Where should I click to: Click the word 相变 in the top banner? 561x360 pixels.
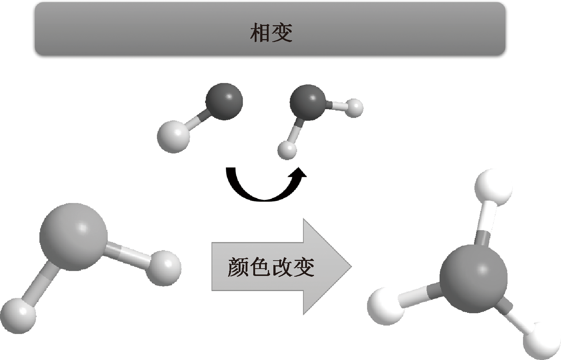[x=271, y=33]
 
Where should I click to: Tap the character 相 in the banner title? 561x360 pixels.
[x=260, y=33]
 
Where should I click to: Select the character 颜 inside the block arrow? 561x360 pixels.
[x=238, y=267]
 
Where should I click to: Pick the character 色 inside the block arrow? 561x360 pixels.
[x=260, y=267]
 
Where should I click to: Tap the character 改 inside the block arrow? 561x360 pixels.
[x=281, y=267]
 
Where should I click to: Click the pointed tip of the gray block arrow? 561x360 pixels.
[x=349, y=267]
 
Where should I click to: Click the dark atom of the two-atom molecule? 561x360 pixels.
[x=224, y=101]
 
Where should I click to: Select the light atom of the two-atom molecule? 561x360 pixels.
[x=173, y=137]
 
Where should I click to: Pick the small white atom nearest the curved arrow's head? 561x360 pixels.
[x=287, y=150]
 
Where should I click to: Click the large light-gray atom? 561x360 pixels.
[x=73, y=237]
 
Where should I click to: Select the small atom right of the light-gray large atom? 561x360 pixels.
[x=165, y=268]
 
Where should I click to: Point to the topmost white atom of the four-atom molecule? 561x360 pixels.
[x=493, y=187]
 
